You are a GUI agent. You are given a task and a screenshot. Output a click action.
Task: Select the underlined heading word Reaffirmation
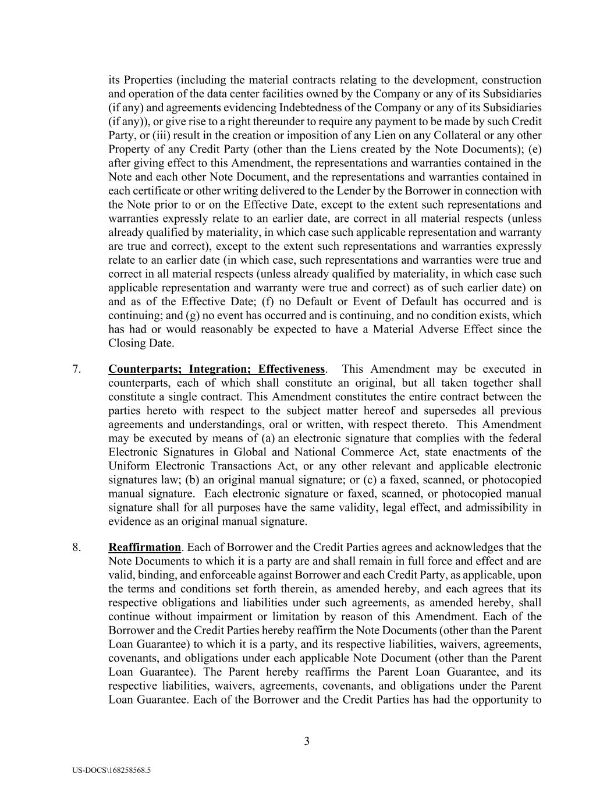tap(145, 547)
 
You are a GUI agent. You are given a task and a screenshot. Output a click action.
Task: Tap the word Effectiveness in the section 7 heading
tap(292, 369)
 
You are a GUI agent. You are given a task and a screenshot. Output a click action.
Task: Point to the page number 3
tap(307, 741)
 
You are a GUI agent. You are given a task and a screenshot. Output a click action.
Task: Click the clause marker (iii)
tap(166, 136)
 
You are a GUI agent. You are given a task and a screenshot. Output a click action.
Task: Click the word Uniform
tap(127, 466)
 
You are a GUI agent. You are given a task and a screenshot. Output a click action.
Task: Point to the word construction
tap(512, 80)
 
